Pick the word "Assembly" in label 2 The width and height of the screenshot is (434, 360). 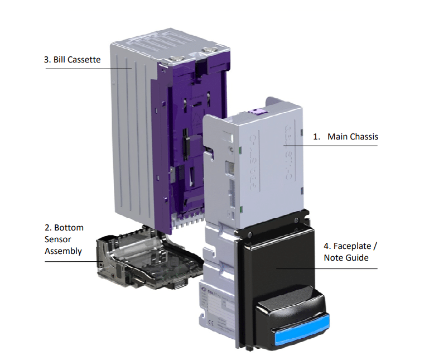pos(63,251)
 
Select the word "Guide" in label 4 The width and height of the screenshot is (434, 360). pos(357,257)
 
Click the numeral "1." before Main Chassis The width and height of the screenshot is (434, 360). pos(316,136)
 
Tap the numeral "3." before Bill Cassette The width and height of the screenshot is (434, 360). pos(47,59)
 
